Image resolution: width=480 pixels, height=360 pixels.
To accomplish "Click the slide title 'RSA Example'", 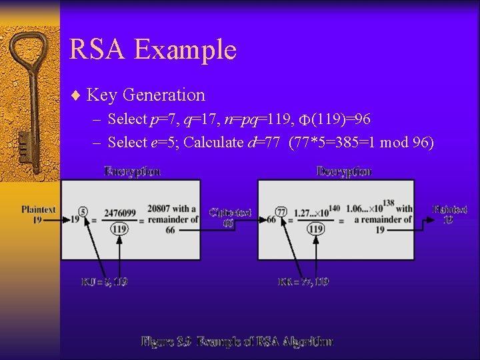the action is click(x=153, y=50).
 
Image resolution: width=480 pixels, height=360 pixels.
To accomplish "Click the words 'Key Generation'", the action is click(x=145, y=95).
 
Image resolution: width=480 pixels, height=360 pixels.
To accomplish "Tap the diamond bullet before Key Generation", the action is click(x=76, y=95).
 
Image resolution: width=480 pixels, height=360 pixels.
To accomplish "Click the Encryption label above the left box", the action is click(x=132, y=171).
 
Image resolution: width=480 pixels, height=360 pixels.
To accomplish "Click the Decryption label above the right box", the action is click(x=344, y=171).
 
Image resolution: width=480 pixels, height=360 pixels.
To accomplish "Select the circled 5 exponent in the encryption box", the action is click(x=83, y=211).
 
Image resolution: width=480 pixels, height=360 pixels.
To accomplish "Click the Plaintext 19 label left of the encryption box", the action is click(x=39, y=214).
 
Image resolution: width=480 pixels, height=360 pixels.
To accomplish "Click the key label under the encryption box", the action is click(x=104, y=282).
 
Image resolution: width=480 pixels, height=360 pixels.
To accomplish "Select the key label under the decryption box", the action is click(x=303, y=282).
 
